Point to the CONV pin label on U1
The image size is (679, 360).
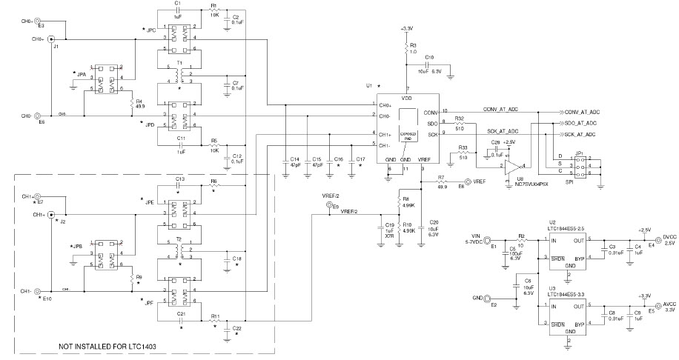[x=431, y=112]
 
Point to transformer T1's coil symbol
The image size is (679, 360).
[x=178, y=74]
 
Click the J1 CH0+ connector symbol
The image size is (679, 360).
[x=51, y=39]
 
